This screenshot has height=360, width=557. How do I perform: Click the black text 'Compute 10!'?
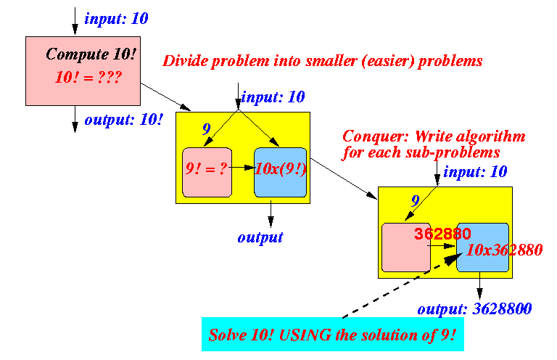coord(91,54)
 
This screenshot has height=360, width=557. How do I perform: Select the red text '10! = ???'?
coord(88,77)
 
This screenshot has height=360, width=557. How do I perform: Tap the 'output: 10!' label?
coord(123,120)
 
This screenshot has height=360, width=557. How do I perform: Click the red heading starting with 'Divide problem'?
coord(323,61)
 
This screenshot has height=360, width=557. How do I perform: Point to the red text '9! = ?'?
coord(206,168)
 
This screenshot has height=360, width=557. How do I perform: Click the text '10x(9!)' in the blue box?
coord(281,169)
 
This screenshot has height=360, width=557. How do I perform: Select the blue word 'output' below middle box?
coord(260,237)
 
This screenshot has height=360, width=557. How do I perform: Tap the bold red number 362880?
coord(442,234)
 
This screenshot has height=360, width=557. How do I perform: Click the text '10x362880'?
coord(504,250)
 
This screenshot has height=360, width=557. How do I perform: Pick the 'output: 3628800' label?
coord(474,308)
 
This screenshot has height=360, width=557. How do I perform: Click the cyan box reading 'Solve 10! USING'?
coord(333,334)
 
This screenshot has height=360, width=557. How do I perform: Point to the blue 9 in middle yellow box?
coord(207,129)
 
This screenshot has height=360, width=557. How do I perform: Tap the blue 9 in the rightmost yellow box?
coord(416,201)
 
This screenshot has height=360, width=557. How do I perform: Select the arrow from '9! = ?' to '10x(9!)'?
coord(242,168)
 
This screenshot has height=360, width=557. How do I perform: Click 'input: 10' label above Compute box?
coord(116,19)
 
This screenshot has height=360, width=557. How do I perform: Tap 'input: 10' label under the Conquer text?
coord(475,172)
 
